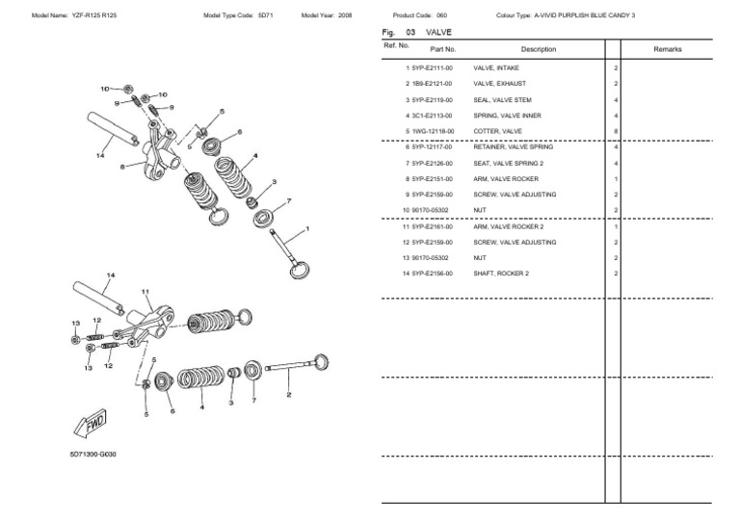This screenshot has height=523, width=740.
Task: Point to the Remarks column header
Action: point(668,48)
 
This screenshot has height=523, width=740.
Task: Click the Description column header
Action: point(539,48)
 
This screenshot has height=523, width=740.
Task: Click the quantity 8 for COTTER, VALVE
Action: point(616,131)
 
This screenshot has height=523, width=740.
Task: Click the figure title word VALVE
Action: point(438,32)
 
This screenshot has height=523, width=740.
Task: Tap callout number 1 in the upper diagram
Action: point(306,229)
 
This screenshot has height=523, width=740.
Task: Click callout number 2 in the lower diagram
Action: point(289,395)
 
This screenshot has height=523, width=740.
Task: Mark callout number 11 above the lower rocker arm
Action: point(146,291)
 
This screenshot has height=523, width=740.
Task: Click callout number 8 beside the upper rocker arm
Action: point(122,167)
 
